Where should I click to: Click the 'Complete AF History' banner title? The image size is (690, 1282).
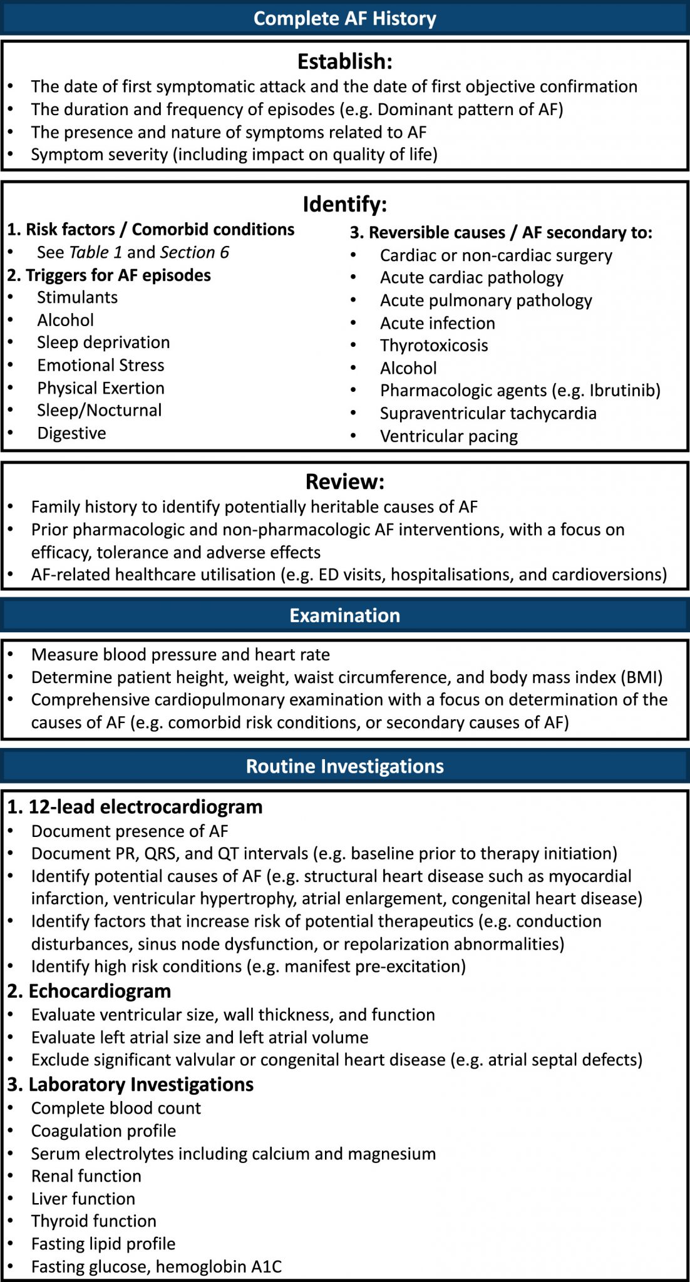[344, 18]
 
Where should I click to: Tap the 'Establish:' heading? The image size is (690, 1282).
[344, 61]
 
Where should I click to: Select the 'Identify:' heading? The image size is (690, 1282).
[344, 204]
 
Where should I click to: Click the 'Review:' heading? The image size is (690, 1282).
[344, 481]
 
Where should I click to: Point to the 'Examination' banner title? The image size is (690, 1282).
[344, 615]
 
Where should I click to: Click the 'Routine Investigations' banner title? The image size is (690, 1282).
[344, 766]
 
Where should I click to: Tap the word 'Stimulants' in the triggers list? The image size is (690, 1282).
[77, 297]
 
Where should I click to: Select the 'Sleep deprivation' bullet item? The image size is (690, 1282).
[103, 342]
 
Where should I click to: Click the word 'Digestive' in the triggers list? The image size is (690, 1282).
[71, 433]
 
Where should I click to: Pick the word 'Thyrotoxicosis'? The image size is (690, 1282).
[434, 346]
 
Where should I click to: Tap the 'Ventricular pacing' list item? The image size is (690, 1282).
[448, 436]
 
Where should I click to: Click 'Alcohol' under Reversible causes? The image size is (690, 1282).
[408, 368]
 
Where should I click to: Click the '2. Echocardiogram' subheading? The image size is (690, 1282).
[89, 991]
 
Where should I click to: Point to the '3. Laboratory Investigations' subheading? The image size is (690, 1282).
[130, 1084]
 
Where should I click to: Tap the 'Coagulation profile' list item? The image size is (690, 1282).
[103, 1131]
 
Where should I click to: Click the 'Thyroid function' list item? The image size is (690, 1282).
[94, 1221]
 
